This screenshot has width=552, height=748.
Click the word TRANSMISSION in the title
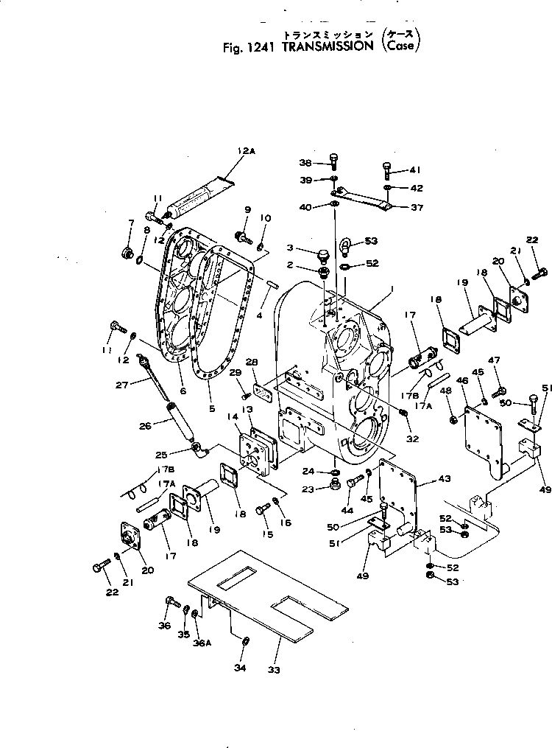coord(328,46)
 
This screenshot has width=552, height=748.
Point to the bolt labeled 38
coord(335,161)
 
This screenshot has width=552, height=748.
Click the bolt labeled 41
coord(387,170)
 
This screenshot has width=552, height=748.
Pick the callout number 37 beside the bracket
coord(417,207)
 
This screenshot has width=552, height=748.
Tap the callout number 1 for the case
coord(392,292)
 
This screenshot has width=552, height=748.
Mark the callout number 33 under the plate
coord(278,671)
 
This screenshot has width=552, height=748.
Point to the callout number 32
coord(411,438)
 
